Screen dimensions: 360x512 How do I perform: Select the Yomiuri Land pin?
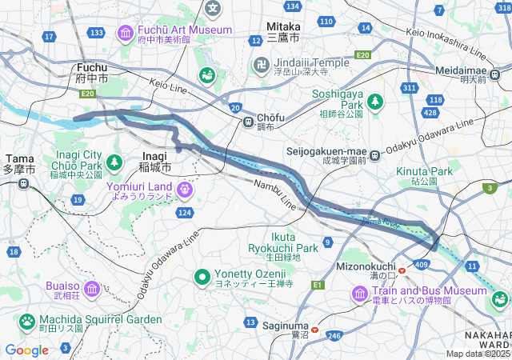coord(186,190)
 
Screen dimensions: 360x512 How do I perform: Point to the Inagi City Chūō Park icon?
coord(114,162)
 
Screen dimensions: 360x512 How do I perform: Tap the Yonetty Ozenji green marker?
coord(204,277)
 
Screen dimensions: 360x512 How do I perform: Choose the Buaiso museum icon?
coord(90,288)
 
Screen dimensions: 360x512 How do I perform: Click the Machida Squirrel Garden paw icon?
coord(27,321)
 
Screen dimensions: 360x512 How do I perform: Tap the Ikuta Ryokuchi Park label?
coord(283,242)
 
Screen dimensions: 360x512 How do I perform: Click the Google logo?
coord(26,350)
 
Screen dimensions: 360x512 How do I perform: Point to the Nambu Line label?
coord(276,195)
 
